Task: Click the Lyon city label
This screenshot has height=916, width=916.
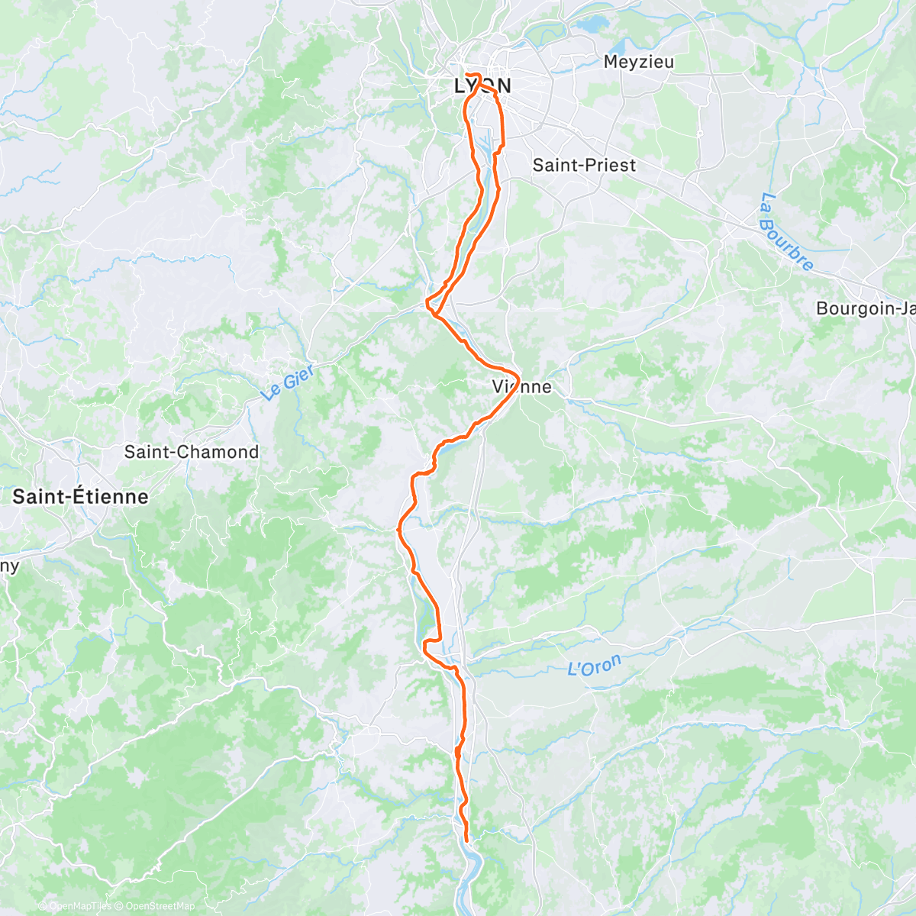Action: (482, 85)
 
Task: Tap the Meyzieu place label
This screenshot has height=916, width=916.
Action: (639, 62)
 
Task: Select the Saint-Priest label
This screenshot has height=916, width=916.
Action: (584, 165)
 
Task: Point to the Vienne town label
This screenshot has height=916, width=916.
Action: (522, 387)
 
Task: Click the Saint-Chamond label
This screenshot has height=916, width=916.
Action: (192, 452)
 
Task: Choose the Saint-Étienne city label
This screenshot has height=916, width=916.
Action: (80, 497)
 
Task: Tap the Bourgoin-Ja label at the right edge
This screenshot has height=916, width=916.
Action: (866, 308)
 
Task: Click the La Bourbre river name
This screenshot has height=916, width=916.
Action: (786, 232)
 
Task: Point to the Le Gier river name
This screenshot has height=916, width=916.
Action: (288, 382)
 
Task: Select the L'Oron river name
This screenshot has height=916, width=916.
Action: (595, 666)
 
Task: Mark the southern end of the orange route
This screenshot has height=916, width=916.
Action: (466, 840)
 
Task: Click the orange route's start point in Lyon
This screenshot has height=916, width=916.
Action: (466, 75)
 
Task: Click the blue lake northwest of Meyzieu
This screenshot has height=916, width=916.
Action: (589, 25)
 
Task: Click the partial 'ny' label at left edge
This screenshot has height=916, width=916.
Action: (9, 566)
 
